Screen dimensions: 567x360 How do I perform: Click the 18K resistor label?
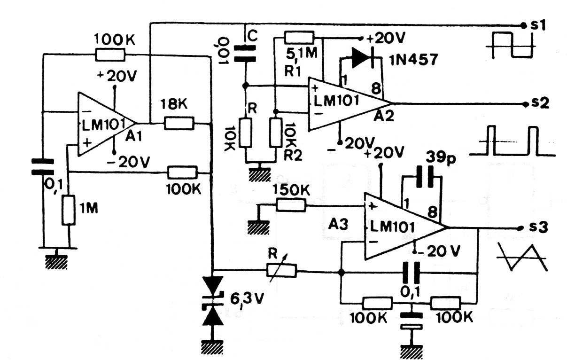click(174, 104)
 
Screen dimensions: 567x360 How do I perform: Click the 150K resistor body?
click(291, 205)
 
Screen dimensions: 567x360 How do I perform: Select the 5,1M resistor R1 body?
click(299, 38)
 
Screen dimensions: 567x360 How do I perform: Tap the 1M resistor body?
click(69, 210)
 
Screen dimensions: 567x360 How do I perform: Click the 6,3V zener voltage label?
click(247, 299)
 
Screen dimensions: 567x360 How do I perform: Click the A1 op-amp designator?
click(134, 137)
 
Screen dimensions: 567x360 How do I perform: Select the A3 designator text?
click(338, 224)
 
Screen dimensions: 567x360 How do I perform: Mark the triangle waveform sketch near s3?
click(522, 257)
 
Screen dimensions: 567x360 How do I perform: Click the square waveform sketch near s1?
click(511, 45)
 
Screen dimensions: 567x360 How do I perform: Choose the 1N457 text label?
click(414, 60)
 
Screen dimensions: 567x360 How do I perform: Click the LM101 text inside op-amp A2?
click(336, 101)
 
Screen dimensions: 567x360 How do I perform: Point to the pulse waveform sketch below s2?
click(513, 141)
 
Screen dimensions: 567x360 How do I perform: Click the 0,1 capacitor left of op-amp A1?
click(43, 167)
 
